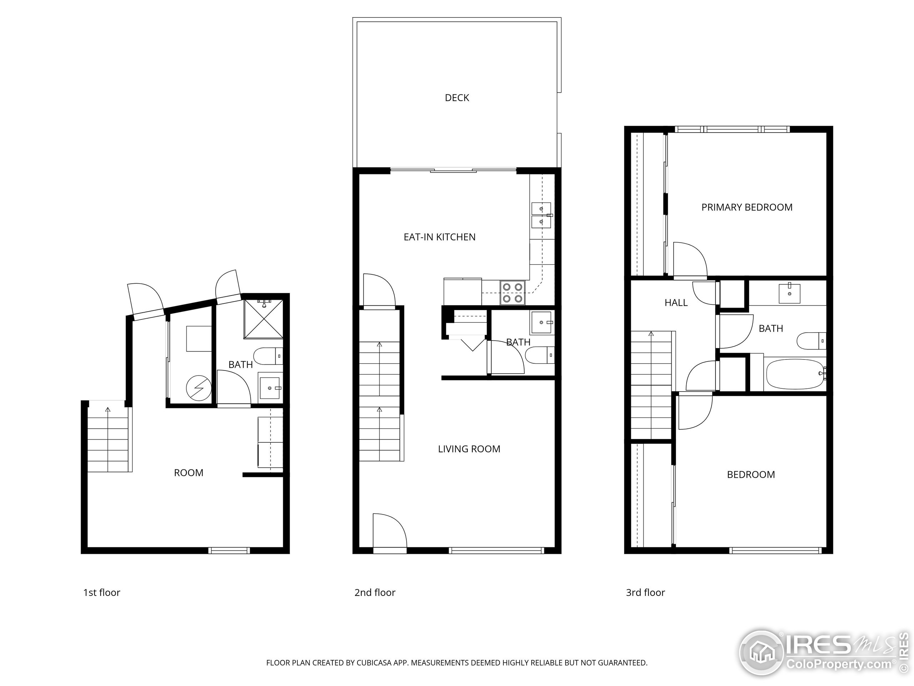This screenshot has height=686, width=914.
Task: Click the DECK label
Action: coord(457,98)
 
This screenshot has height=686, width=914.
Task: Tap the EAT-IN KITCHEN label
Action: coord(439,237)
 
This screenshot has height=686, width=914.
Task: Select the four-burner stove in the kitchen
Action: coord(512,292)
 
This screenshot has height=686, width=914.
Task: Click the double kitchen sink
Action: coord(541,215)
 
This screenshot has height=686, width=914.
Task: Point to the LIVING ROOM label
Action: coord(469,449)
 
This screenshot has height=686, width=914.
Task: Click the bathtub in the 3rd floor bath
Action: coord(794,374)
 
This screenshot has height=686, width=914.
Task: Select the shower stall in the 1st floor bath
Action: coord(263,319)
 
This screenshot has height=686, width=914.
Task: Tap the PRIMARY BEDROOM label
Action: coord(747,207)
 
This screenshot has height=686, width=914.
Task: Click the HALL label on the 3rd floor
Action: coord(676,303)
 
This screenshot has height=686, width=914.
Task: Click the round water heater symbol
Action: coord(199,388)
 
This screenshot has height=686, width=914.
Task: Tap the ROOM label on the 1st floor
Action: coord(189,473)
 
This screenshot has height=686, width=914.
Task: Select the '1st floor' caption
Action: coord(102,592)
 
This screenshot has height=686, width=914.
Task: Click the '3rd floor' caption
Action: coord(646,592)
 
